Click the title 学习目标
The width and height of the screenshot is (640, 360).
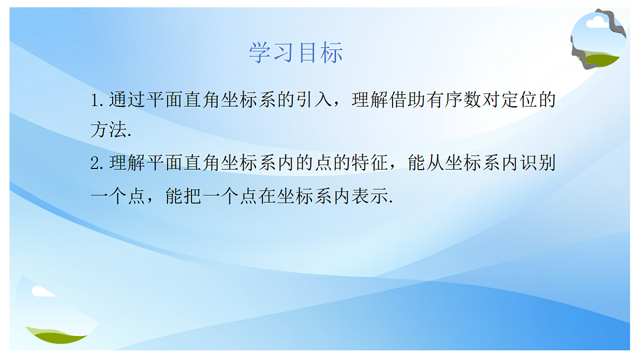pyautogui.click(x=295, y=53)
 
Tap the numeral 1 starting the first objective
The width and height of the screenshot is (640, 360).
pyautogui.click(x=95, y=100)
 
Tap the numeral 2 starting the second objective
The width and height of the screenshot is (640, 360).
pyautogui.click(x=95, y=163)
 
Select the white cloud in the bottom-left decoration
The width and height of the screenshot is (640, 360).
pyautogui.click(x=42, y=291)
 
